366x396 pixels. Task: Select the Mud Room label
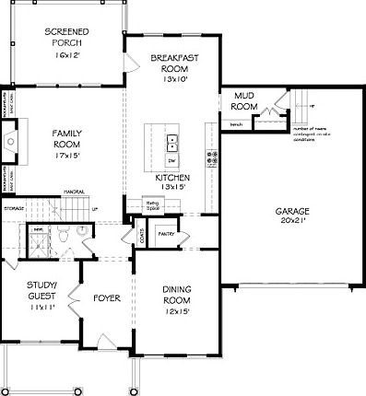tap(244, 100)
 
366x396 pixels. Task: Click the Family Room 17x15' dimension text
tap(66, 157)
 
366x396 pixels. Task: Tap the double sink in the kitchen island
tap(172, 143)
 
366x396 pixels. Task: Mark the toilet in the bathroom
tap(88, 236)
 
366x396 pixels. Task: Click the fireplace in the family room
tap(9, 140)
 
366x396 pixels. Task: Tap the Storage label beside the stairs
tap(14, 208)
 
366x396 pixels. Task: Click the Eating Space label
tap(153, 205)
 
